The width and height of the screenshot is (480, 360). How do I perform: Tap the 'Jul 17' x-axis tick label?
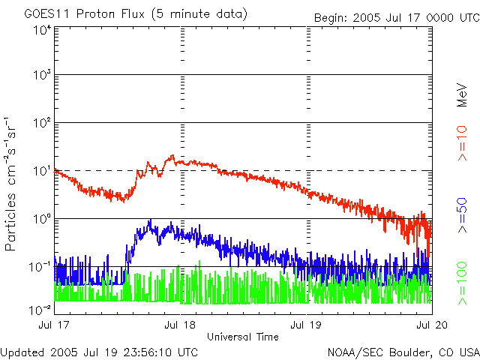[x=55, y=326]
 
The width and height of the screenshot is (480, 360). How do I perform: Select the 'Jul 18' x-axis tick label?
[x=181, y=326]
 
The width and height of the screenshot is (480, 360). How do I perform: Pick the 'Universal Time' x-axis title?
[x=243, y=337]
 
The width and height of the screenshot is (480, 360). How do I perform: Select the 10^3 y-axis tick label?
[x=42, y=75]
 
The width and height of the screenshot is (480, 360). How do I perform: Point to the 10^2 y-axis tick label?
[x=42, y=122]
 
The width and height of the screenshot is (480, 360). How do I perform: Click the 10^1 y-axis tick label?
[x=42, y=170]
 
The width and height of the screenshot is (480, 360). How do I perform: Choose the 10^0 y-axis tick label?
[x=42, y=218]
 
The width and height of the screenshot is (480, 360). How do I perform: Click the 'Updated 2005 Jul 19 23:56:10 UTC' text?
[x=100, y=351]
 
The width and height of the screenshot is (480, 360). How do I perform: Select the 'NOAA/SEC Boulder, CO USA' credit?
[x=403, y=351]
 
